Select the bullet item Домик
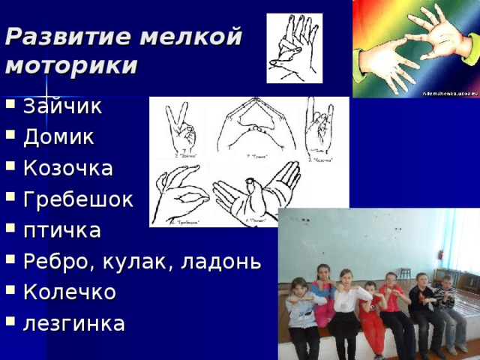58,137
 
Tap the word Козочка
68,168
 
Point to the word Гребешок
77,199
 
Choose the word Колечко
69,292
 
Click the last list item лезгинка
73,323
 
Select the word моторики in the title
70,66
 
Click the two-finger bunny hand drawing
180,127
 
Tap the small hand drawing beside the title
294,48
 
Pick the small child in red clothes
370,315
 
